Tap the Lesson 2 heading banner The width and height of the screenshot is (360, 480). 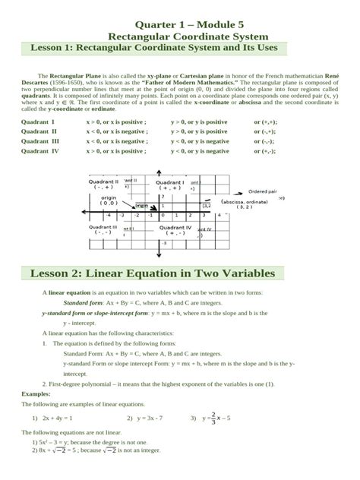point(147,273)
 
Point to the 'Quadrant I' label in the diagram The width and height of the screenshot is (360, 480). point(170,183)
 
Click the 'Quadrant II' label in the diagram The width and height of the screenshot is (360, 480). point(104,183)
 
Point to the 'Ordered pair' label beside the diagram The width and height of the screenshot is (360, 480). point(263,191)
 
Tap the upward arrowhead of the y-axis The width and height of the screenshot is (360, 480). point(158,172)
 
